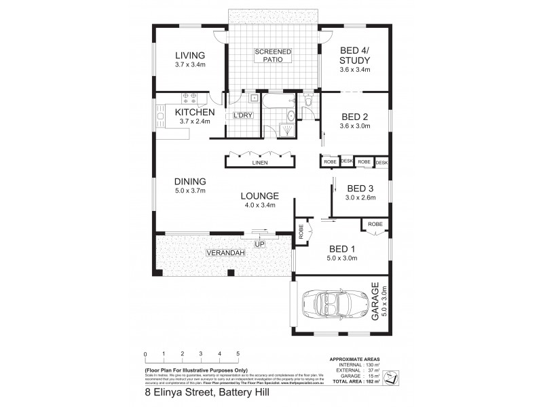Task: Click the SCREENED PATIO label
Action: (273, 56)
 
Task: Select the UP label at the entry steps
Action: (259, 244)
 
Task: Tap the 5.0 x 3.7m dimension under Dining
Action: (189, 191)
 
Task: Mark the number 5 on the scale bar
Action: (238, 354)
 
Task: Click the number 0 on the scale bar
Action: (145, 354)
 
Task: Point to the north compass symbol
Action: (390, 376)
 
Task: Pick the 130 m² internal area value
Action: (372, 364)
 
